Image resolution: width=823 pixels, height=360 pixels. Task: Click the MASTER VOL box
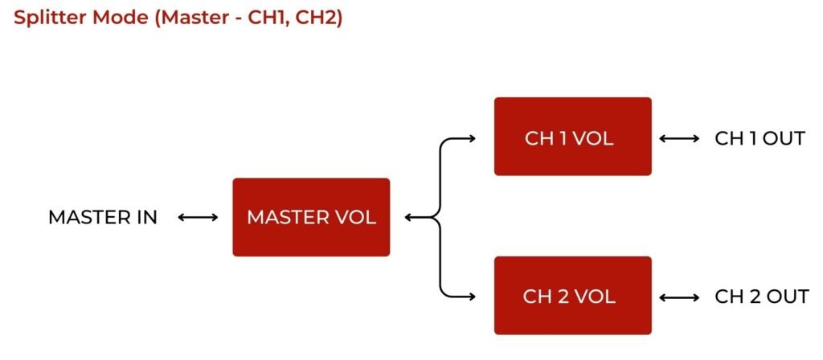click(311, 217)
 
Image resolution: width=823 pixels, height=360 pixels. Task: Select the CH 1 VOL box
click(572, 137)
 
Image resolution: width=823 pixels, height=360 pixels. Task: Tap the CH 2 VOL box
click(572, 296)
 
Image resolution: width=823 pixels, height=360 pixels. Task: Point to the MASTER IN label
click(103, 217)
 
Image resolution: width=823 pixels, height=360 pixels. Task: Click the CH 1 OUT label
click(760, 138)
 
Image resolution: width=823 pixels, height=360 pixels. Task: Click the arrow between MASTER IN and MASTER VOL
click(198, 217)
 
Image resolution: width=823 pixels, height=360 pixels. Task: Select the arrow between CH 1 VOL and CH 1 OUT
click(679, 138)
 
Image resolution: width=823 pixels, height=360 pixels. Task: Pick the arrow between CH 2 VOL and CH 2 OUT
click(679, 297)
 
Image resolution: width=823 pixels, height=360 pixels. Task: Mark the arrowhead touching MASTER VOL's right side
click(408, 217)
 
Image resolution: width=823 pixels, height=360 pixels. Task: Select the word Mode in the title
click(120, 18)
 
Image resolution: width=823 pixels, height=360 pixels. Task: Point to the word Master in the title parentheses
click(186, 18)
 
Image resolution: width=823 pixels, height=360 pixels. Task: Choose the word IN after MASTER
click(146, 217)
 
